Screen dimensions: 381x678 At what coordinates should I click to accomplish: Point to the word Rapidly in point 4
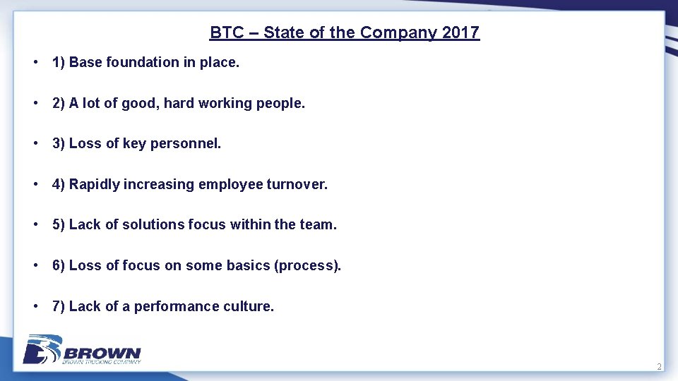[95, 185]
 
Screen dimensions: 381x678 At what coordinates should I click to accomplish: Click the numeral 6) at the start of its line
[59, 266]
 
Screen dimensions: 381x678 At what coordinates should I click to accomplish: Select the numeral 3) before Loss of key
[59, 144]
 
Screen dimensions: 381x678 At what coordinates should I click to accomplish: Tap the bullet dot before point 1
[35, 62]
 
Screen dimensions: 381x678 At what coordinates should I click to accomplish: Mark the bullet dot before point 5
[35, 225]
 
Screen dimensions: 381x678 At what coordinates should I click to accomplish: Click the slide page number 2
[659, 367]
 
